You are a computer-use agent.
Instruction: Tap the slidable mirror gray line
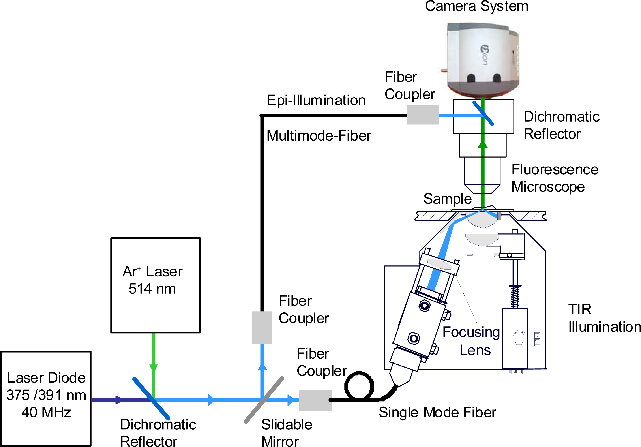click(264, 400)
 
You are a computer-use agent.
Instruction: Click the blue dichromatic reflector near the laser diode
click(151, 398)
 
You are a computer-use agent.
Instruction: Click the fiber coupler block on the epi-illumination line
click(423, 115)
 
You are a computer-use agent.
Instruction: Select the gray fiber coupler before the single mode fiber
click(315, 400)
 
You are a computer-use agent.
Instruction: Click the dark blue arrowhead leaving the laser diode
click(119, 400)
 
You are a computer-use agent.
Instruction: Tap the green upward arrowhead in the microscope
click(483, 144)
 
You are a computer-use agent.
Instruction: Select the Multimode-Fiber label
click(319, 136)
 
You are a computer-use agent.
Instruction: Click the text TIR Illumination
click(604, 318)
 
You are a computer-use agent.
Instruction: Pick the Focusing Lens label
click(471, 341)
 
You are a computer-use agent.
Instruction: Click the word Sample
click(447, 199)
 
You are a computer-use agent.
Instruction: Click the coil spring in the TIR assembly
click(515, 297)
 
